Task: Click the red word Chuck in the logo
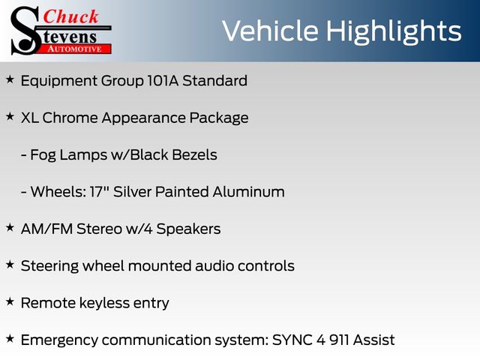(x=70, y=16)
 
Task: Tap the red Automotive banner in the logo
(x=74, y=49)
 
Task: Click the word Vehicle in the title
(x=270, y=31)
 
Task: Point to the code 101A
(x=163, y=81)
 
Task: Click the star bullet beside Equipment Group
(x=10, y=79)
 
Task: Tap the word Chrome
(x=70, y=118)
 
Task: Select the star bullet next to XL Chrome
(x=10, y=117)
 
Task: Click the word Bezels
(x=195, y=155)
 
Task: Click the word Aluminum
(x=248, y=192)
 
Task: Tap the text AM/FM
(x=46, y=229)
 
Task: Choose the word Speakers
(x=188, y=229)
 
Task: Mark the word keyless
(x=104, y=304)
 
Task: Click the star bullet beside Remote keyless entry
(x=10, y=301)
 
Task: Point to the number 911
(x=339, y=340)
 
